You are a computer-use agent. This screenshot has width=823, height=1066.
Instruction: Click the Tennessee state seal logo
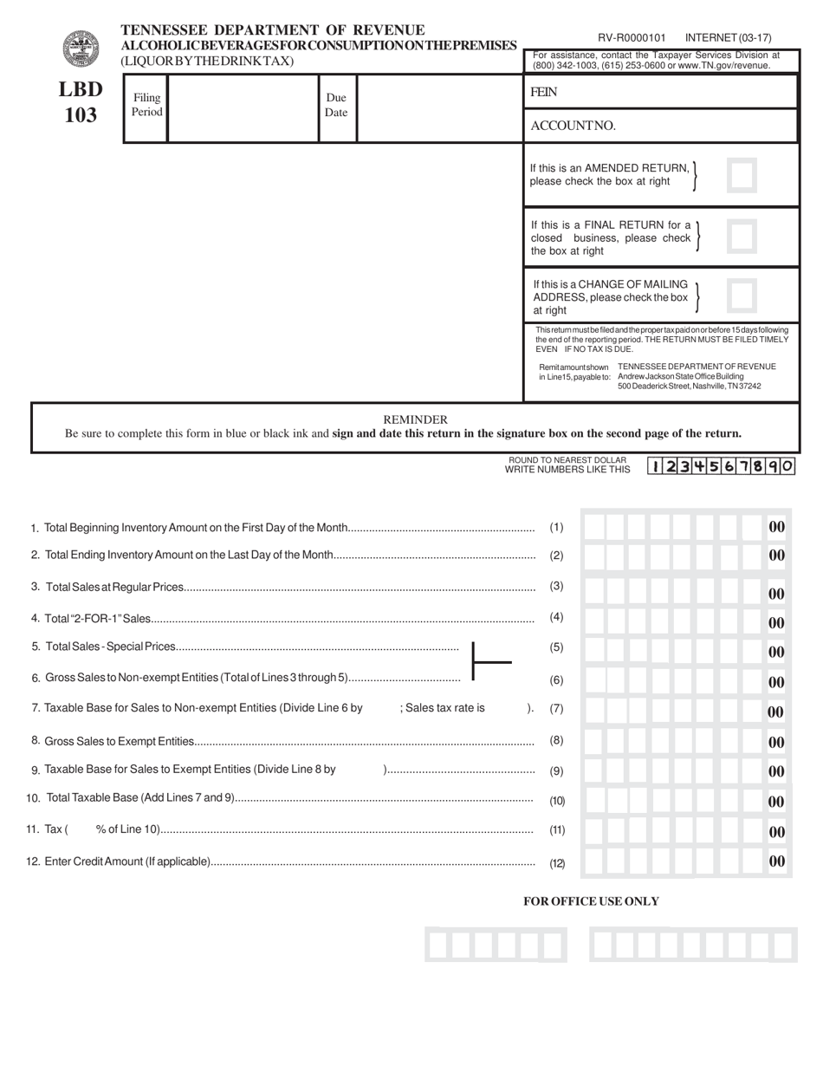(81, 49)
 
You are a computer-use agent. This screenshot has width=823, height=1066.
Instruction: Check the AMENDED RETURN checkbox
(742, 175)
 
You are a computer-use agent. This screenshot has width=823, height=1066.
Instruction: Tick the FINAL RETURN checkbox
(742, 236)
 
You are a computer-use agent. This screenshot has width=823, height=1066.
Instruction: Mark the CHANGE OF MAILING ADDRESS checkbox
(742, 296)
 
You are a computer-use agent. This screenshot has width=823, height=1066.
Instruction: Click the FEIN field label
(543, 92)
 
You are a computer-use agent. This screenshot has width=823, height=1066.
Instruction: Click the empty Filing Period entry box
(243, 107)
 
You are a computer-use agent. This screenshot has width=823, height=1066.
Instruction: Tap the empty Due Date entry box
(439, 107)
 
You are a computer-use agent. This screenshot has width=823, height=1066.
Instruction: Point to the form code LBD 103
(81, 102)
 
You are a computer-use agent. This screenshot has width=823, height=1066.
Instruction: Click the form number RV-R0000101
(632, 38)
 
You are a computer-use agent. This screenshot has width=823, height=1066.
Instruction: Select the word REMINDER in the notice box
(415, 419)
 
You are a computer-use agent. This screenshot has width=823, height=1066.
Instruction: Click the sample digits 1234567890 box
(721, 466)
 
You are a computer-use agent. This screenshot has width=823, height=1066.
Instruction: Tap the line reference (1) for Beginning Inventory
(556, 527)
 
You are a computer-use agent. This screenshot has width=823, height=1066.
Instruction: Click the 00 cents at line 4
(776, 623)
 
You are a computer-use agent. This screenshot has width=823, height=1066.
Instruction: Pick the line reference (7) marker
(556, 708)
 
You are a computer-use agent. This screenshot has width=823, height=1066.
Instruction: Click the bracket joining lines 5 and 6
(489, 662)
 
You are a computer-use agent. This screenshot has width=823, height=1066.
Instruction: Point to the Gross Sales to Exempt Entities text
(119, 741)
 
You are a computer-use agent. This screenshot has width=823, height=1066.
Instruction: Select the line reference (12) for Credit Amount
(557, 863)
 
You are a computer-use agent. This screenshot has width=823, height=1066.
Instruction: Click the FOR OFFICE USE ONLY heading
(591, 901)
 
